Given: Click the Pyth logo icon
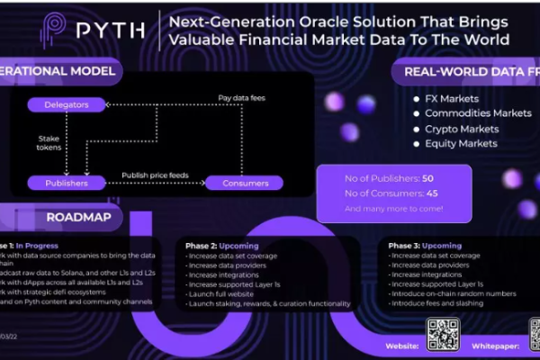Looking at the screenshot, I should click(x=56, y=30).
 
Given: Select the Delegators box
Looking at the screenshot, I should click(x=67, y=105).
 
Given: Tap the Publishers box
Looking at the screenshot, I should click(x=67, y=183).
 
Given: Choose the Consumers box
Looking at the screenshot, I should click(x=245, y=183).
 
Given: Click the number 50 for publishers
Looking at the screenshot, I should click(x=428, y=178).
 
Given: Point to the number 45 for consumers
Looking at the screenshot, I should click(x=430, y=193).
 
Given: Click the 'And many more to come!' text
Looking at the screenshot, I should click(x=393, y=208).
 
